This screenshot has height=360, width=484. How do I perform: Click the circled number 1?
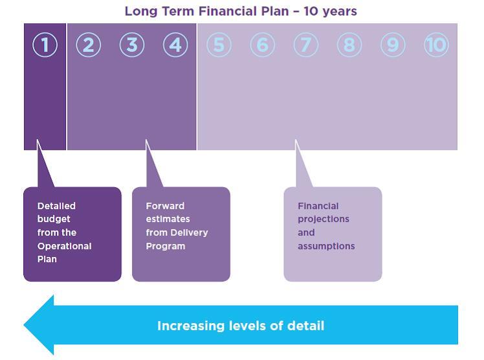tap(45, 45)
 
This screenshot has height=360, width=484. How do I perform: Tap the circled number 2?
tap(89, 45)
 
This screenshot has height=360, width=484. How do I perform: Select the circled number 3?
tap(132, 45)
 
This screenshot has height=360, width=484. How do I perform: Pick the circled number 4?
tap(175, 45)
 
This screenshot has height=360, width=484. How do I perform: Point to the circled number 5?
tap(219, 45)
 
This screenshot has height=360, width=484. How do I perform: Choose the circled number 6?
tap(262, 45)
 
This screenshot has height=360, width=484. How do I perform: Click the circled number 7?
tap(306, 45)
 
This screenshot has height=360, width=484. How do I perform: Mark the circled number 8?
tap(349, 45)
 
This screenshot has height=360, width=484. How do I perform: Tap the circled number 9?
tap(393, 45)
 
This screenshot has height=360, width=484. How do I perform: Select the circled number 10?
tap(437, 45)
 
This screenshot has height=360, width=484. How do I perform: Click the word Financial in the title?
tap(228, 11)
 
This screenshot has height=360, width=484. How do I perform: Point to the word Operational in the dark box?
tap(65, 246)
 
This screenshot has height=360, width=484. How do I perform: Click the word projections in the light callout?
tap(324, 219)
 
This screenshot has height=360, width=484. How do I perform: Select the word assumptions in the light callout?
tap(326, 246)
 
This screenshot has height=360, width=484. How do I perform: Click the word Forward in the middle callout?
tap(165, 206)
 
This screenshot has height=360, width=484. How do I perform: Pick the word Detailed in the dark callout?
tap(56, 206)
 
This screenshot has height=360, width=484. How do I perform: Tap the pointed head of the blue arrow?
tap(25, 325)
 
